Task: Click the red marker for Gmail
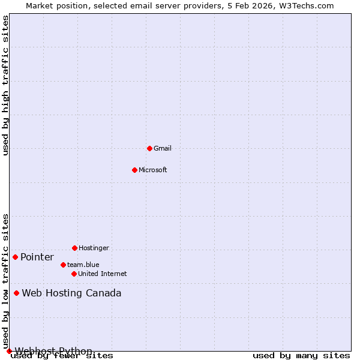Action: click(149, 148)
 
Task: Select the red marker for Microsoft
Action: click(134, 170)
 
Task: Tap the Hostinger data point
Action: click(74, 248)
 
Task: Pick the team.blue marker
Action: click(63, 265)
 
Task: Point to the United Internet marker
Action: click(74, 274)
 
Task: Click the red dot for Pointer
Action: click(15, 257)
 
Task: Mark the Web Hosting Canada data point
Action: click(16, 293)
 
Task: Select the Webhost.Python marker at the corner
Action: click(9, 351)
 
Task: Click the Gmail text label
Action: click(163, 148)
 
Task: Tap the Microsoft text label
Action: click(153, 170)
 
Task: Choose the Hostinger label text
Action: click(94, 248)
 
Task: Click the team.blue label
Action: click(83, 265)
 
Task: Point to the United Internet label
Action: click(103, 274)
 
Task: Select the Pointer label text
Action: click(37, 257)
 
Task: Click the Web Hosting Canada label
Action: click(71, 293)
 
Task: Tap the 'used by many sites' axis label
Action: click(301, 356)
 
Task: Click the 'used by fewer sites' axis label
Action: click(62, 356)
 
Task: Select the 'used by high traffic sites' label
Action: click(5, 85)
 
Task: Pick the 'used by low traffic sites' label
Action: click(5, 281)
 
